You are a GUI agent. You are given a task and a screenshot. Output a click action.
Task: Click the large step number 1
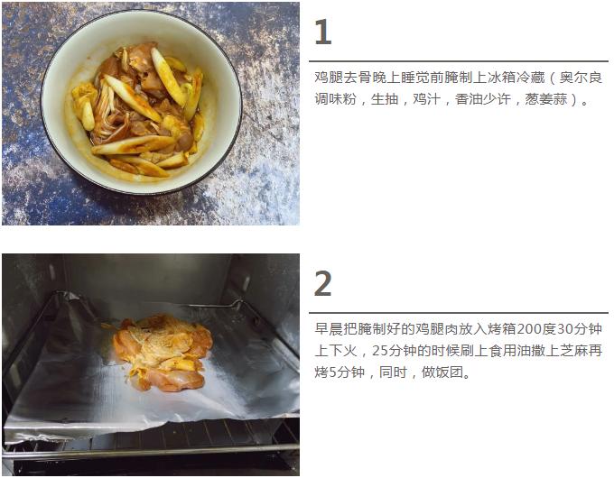click(x=322, y=32)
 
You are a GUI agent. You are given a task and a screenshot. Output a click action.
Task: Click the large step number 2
click(x=323, y=283)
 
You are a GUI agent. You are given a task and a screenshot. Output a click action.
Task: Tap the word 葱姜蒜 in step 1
click(x=546, y=99)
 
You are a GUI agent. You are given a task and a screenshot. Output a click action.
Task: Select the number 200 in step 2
click(x=529, y=329)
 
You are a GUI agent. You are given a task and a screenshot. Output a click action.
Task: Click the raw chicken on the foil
click(x=163, y=352)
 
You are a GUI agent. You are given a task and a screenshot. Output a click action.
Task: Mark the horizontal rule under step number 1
click(x=459, y=61)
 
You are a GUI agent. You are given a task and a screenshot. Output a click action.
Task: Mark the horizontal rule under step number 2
click(x=459, y=313)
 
